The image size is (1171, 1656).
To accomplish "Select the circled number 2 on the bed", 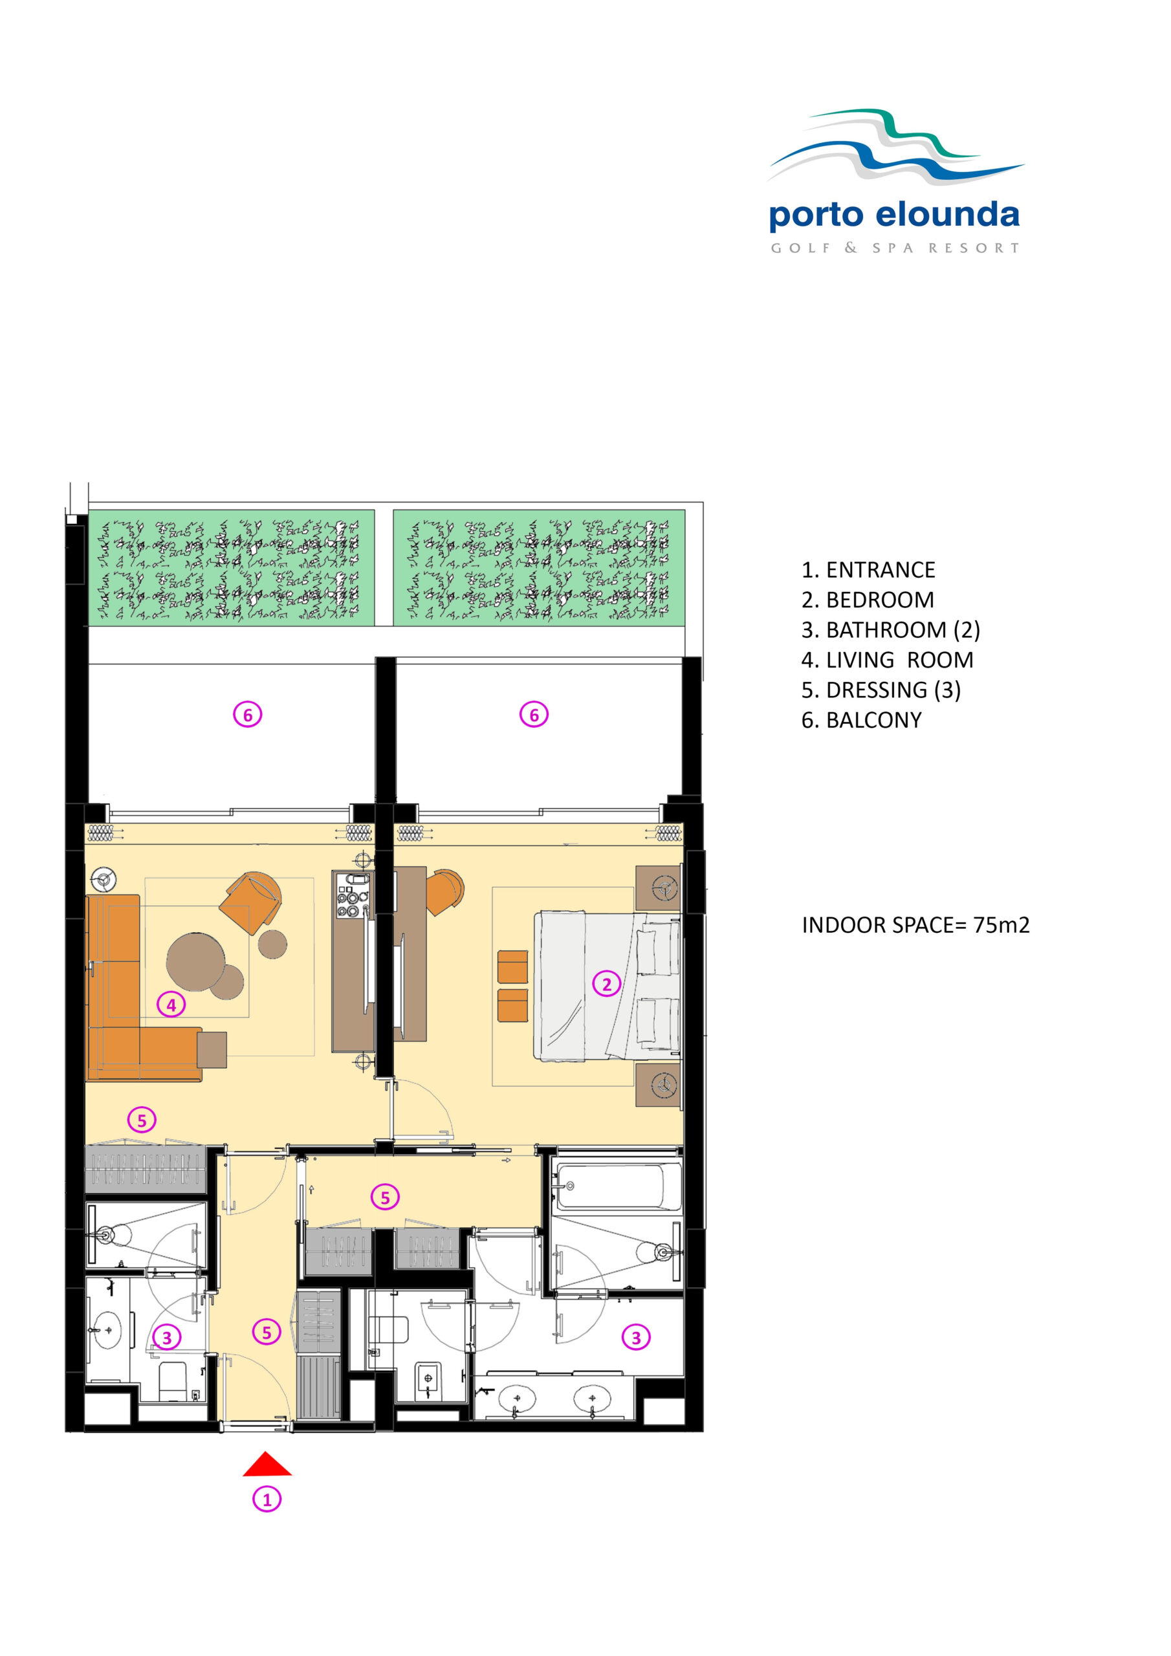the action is pyautogui.click(x=606, y=984).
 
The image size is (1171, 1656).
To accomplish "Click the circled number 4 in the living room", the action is pyautogui.click(x=171, y=1004).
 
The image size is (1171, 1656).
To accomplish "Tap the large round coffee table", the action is pyautogui.click(x=195, y=961).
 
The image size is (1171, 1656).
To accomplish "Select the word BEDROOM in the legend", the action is pyautogui.click(x=879, y=600).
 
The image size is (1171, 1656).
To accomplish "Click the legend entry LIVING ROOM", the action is pyautogui.click(x=887, y=660).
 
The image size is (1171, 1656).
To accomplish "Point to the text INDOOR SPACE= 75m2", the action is pyautogui.click(x=915, y=926).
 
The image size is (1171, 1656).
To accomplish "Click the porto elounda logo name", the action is pyautogui.click(x=894, y=214).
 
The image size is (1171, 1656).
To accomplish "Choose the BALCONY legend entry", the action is pyautogui.click(x=862, y=720).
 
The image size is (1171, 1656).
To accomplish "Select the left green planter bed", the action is pyautogui.click(x=231, y=567).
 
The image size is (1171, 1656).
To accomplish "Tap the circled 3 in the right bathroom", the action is pyautogui.click(x=636, y=1337).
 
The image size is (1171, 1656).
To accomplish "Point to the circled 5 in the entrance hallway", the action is pyautogui.click(x=267, y=1331).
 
